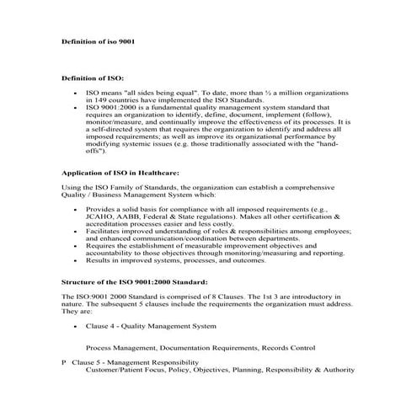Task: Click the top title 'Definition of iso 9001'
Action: (x=99, y=40)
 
